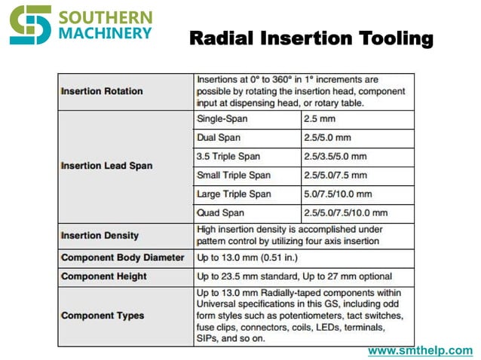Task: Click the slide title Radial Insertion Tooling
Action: click(311, 38)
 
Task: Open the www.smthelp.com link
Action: click(420, 351)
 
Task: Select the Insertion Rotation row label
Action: click(101, 91)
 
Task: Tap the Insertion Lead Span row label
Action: click(106, 166)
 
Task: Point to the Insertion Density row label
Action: click(100, 236)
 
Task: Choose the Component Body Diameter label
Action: click(122, 258)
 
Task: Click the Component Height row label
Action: click(103, 276)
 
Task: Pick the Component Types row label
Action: click(102, 315)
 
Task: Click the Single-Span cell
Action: click(222, 119)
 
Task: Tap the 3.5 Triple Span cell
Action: click(228, 157)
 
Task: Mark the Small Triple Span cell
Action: click(233, 175)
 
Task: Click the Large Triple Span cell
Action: click(233, 194)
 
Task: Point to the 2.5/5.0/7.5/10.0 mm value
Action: click(345, 213)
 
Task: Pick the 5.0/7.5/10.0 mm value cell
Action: click(338, 194)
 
